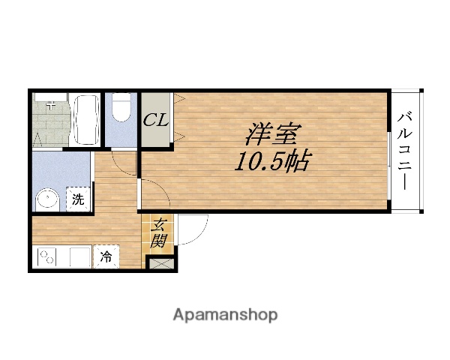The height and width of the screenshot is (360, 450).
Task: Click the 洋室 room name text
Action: [271, 135]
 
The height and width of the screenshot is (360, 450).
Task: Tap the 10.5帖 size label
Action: [271, 161]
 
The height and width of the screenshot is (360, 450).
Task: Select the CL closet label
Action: [157, 120]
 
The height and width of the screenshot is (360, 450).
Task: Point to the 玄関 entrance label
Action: [159, 232]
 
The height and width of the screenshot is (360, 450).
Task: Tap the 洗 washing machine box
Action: [77, 200]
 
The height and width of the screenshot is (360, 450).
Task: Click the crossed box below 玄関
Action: [160, 262]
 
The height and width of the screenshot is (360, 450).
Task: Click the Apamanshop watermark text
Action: [225, 314]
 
